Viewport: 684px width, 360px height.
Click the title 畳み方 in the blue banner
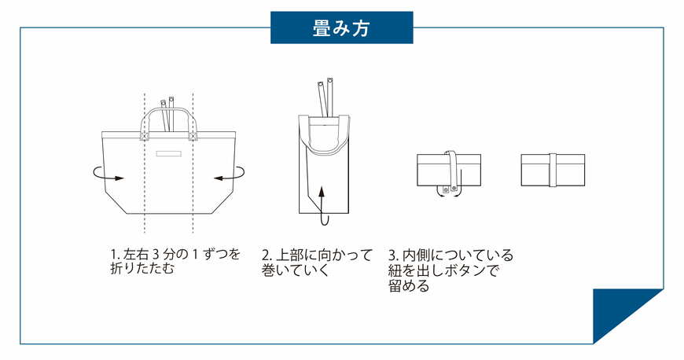pos(341,29)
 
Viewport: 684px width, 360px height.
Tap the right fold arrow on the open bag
pos(230,174)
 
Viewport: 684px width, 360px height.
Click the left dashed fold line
pos(144,204)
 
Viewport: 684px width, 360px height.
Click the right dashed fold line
pos(193,204)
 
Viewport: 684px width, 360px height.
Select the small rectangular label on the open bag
pos(168,154)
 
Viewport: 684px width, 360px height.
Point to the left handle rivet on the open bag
pos(144,136)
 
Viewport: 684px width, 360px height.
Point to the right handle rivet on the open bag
pos(191,136)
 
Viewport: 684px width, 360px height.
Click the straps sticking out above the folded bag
pos(325,93)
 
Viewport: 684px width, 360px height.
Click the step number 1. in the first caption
pos(115,255)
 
